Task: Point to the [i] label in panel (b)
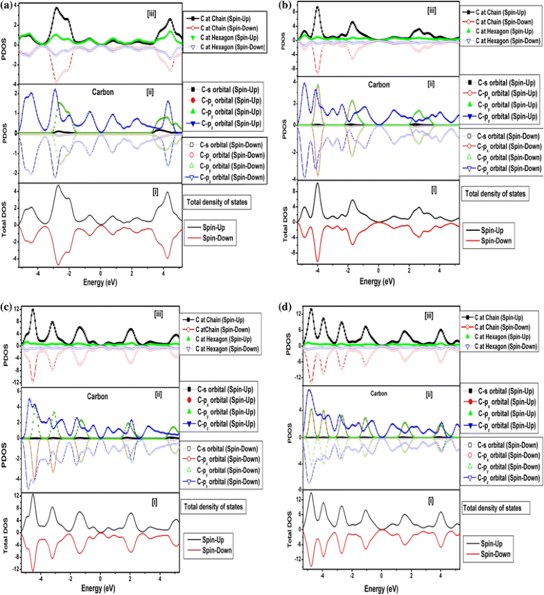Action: [434, 189]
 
